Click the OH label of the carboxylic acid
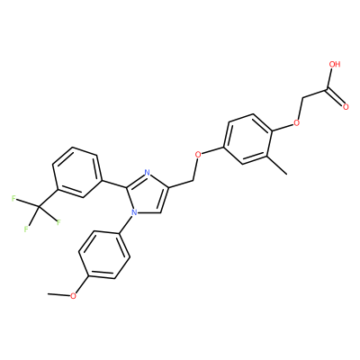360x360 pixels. point(335,64)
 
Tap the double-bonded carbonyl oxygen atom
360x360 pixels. point(346,107)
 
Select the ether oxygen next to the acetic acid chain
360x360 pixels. point(297,122)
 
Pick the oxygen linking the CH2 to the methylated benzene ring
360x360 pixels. point(198,155)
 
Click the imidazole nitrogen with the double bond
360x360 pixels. point(147,173)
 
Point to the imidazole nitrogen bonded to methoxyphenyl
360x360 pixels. point(134,212)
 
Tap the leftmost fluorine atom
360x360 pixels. point(13,198)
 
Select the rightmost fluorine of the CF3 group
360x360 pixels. point(58,222)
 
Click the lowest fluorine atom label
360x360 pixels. point(26,229)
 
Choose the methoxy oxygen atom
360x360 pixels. point(73,296)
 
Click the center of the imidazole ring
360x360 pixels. point(147,195)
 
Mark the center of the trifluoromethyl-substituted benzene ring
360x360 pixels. point(76,173)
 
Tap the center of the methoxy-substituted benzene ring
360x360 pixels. point(104,255)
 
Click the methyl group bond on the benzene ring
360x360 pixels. point(276,165)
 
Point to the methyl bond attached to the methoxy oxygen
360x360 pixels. point(58,294)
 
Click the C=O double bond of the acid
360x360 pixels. point(336,97)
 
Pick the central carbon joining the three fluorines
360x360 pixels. point(39,206)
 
